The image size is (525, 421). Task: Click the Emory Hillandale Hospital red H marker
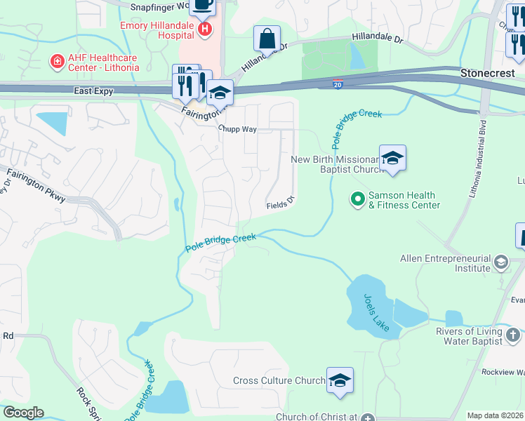point(205,29)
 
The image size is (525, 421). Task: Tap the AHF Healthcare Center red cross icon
point(55,62)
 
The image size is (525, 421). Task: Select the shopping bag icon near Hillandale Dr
point(267,39)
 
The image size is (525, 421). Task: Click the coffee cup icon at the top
point(203,6)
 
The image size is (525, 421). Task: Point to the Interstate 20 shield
point(338,84)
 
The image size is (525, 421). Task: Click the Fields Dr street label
point(279,206)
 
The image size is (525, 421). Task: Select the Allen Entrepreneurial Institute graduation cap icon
point(501,263)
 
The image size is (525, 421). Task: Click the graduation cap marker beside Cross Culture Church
point(340,380)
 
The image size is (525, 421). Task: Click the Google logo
point(23,413)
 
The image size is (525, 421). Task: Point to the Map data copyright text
point(496,415)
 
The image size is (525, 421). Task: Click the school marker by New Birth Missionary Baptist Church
point(392,159)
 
